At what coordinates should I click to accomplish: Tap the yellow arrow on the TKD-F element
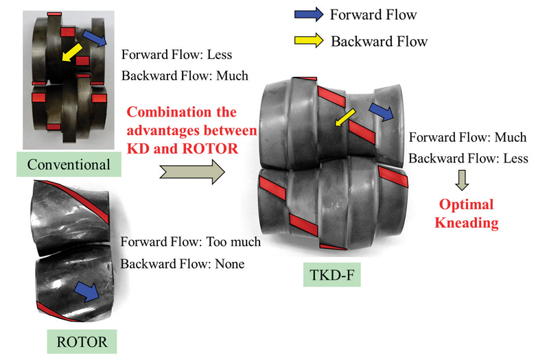(344, 117)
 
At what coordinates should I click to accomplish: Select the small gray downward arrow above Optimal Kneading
(460, 180)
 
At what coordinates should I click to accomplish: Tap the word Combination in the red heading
(163, 112)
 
